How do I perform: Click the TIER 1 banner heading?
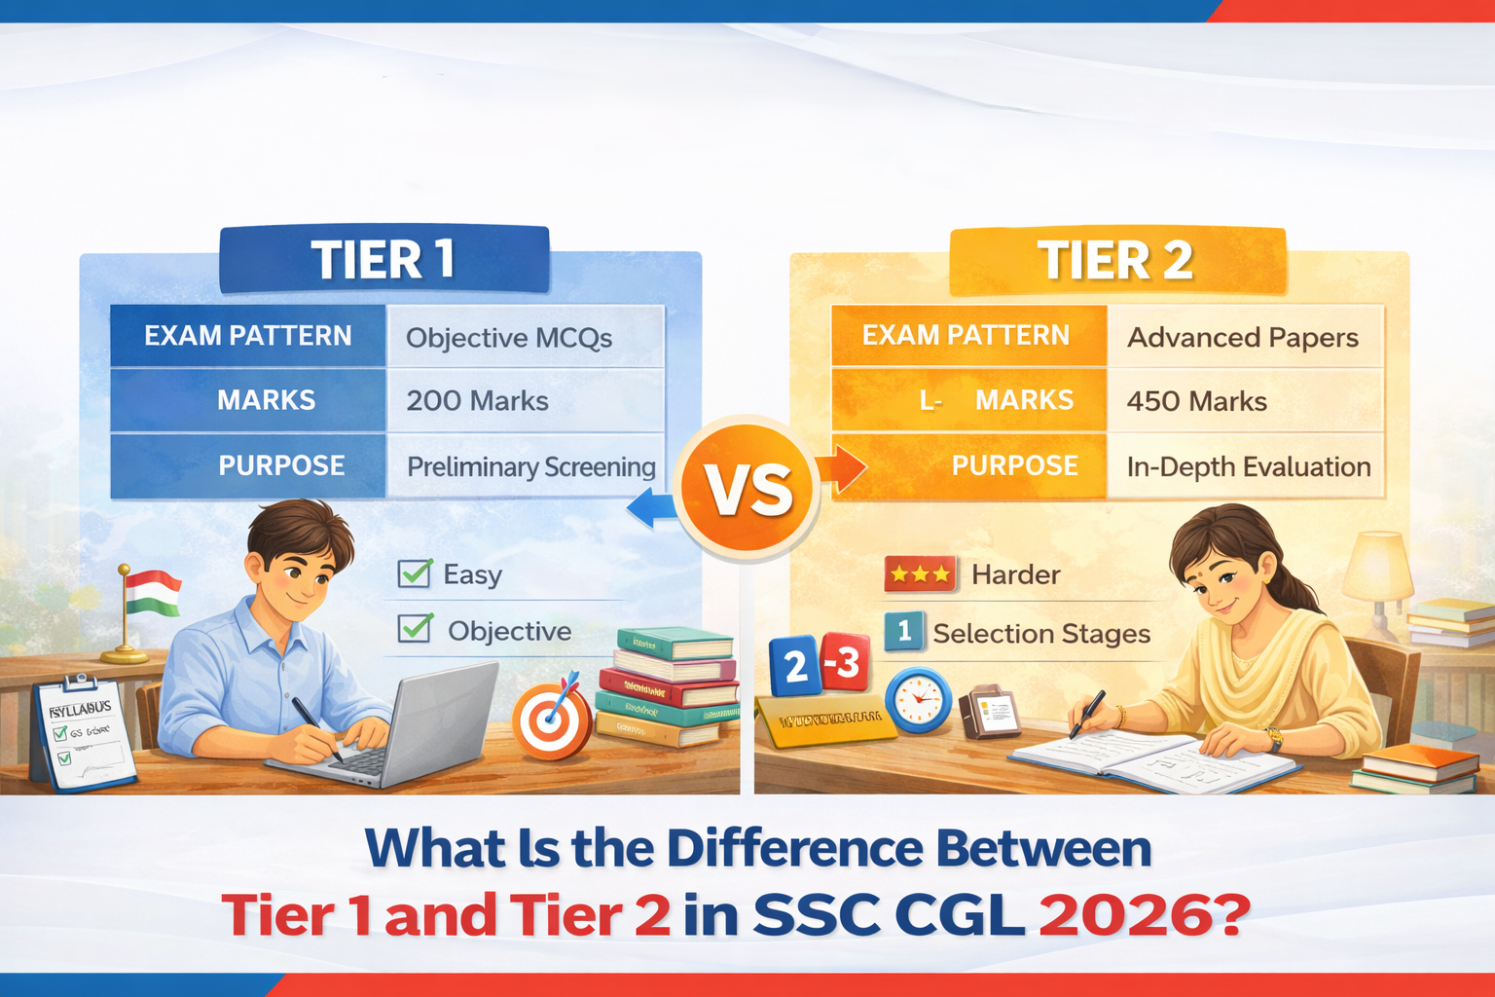click(383, 260)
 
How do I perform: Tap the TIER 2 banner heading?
click(1115, 260)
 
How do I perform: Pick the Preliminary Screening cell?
click(530, 467)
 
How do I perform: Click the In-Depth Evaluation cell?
click(1248, 467)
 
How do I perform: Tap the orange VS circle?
click(747, 490)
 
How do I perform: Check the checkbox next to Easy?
click(415, 573)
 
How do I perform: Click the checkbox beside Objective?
click(415, 629)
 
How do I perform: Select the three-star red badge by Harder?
click(920, 574)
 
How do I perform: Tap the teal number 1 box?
click(903, 631)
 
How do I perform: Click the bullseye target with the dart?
click(551, 720)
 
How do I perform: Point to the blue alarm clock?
click(918, 699)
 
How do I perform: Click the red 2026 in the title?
click(1144, 915)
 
